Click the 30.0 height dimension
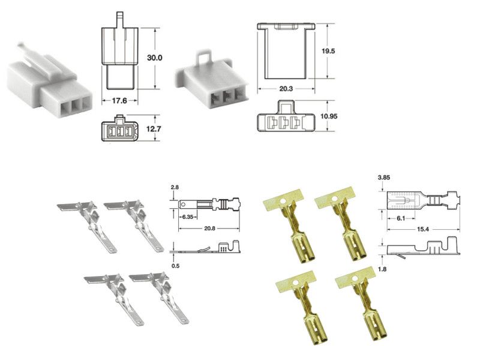tap(155, 58)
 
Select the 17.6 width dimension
tap(119, 100)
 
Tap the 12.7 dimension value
tap(154, 129)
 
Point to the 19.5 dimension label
tap(328, 51)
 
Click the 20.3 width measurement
tap(286, 89)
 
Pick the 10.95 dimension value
tap(329, 116)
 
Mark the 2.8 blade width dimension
tap(175, 187)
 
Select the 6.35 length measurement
tap(188, 217)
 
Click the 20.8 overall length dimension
tap(209, 229)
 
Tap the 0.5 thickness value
tap(175, 266)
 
